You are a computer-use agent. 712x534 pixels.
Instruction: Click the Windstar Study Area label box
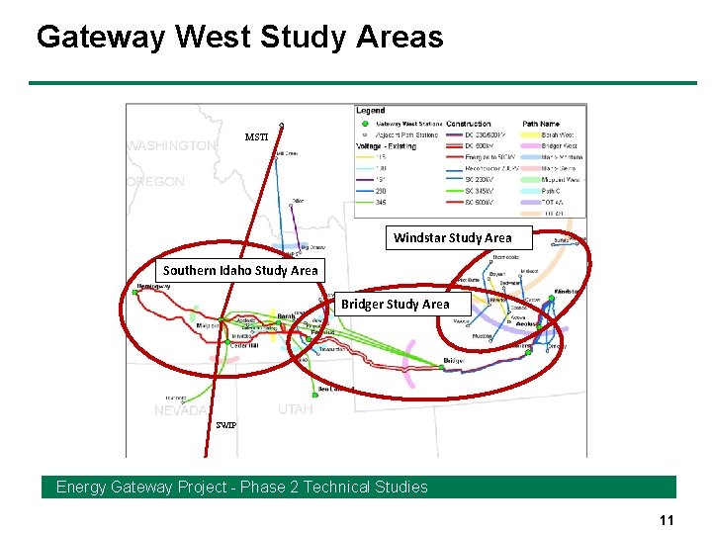[452, 237]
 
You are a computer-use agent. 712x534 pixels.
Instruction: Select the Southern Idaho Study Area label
[240, 270]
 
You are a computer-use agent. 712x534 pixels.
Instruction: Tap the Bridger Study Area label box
[395, 305]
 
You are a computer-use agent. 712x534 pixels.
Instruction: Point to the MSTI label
[256, 137]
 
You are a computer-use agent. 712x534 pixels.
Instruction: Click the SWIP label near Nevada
[226, 425]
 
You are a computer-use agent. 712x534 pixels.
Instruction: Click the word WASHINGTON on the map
[170, 146]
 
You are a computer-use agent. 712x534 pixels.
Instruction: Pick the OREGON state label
[156, 182]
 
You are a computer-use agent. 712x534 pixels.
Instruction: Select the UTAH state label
[295, 409]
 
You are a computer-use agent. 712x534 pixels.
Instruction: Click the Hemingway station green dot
[135, 292]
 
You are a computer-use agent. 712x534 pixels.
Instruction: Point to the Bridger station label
[453, 362]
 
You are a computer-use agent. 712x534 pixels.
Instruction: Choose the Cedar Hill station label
[244, 345]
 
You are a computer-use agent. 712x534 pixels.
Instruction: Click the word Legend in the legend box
[370, 111]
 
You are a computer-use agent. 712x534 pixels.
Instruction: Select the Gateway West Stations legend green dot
[365, 125]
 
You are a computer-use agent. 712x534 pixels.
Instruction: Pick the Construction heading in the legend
[469, 125]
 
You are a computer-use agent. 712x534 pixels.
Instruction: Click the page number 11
[666, 520]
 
